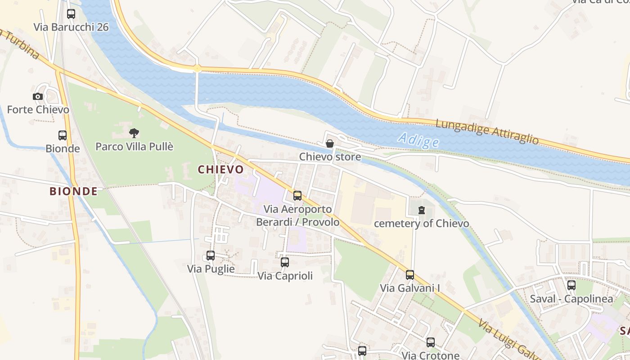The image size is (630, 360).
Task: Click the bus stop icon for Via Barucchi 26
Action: [x=71, y=14]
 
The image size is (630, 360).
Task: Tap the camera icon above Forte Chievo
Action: [x=38, y=96]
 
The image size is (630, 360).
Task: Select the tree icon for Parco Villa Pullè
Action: [x=134, y=133]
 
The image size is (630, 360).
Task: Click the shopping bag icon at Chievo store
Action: [x=330, y=144]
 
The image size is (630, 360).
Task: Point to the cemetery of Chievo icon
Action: [x=422, y=210]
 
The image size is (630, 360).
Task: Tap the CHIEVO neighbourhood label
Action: [x=220, y=170]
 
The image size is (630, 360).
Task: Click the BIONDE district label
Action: [x=73, y=191]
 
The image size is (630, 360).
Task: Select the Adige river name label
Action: [x=418, y=140]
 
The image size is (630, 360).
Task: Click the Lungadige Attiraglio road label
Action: [x=487, y=131]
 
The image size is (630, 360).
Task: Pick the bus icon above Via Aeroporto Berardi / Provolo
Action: [x=297, y=196]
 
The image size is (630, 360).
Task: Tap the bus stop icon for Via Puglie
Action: [x=211, y=256]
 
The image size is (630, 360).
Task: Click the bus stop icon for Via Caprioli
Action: [x=285, y=262]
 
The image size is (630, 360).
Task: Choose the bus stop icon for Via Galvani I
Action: [x=410, y=275]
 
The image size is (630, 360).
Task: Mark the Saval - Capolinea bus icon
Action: [x=571, y=285]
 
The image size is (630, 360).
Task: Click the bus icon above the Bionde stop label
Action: [x=63, y=135]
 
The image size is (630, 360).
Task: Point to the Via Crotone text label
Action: [x=430, y=355]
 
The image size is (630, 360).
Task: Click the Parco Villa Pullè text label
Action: [x=135, y=147]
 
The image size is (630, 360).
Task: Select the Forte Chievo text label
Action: [x=38, y=110]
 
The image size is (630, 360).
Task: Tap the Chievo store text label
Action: [x=330, y=157]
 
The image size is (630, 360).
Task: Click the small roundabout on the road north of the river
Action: [x=197, y=69]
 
